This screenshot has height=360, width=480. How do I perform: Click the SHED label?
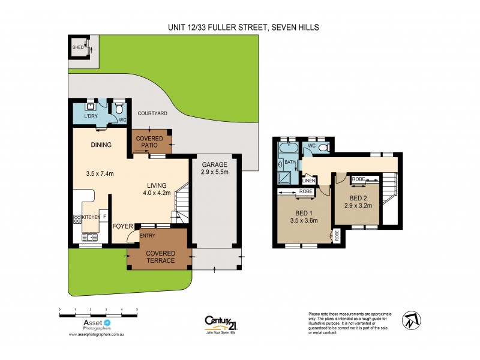(x=77, y=47)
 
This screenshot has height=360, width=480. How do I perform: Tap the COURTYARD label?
(x=152, y=113)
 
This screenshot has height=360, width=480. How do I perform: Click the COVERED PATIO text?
(x=151, y=142)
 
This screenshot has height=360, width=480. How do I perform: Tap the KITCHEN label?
(x=91, y=217)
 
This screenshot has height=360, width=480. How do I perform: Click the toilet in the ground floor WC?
(x=119, y=109)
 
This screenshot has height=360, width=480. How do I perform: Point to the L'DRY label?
(x=91, y=116)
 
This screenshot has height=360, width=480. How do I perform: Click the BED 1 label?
(x=303, y=212)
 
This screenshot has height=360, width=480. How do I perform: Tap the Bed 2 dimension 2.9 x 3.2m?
(x=358, y=206)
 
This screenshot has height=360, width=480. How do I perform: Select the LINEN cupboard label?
(x=309, y=180)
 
